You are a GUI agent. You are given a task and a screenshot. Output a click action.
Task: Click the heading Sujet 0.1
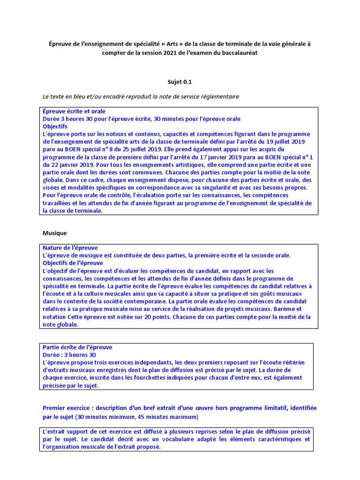click(180, 82)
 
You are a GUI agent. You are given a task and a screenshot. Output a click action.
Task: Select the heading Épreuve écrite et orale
click(74, 112)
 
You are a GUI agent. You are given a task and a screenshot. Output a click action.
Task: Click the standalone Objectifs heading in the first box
click(55, 127)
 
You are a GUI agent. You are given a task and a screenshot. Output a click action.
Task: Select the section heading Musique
click(55, 232)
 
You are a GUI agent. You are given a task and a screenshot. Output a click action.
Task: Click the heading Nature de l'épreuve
click(70, 248)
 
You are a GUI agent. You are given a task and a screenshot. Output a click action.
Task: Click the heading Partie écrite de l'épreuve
click(77, 347)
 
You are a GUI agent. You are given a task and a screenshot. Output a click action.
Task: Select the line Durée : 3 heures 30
click(69, 355)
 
